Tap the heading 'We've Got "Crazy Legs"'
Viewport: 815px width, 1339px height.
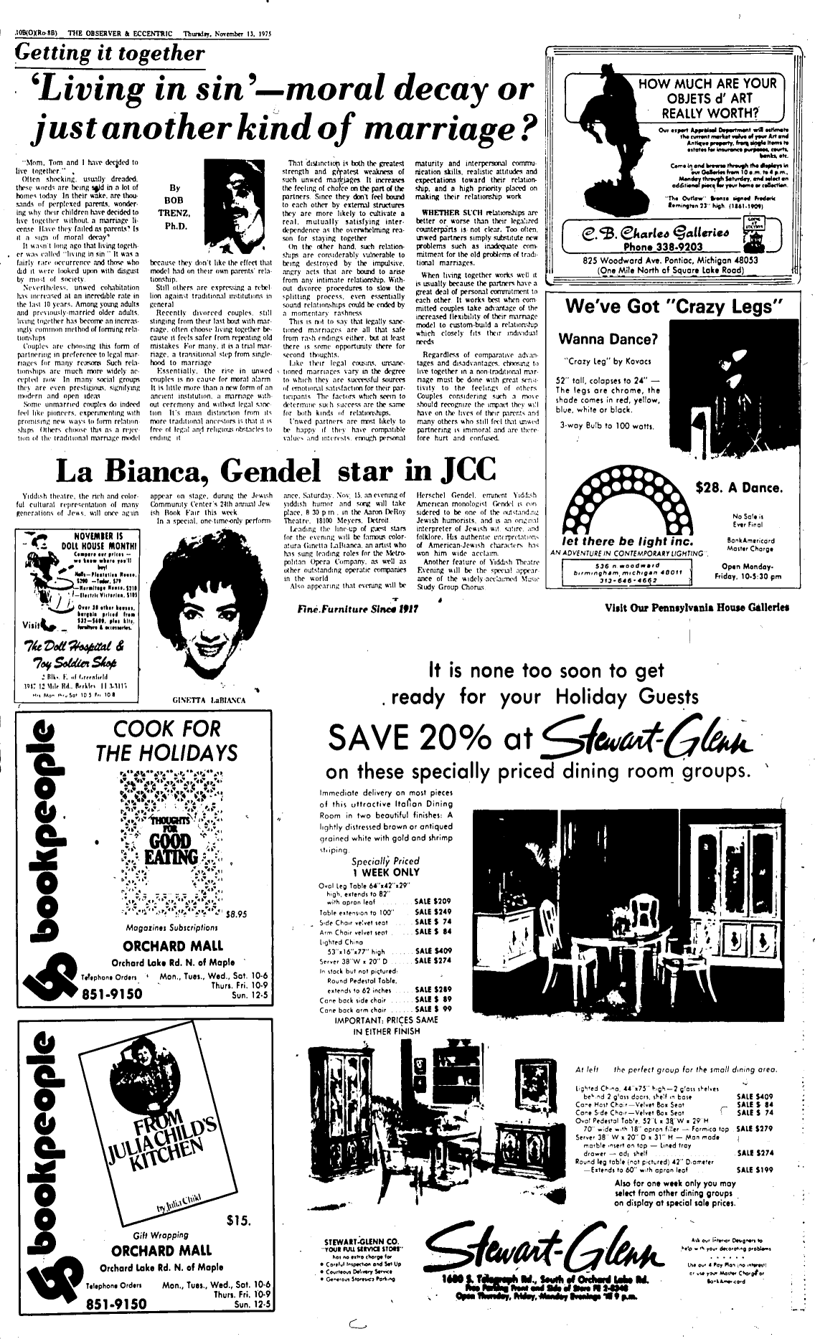pyautogui.click(x=672, y=306)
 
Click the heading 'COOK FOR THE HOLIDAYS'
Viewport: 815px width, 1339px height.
pyautogui.click(x=166, y=741)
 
